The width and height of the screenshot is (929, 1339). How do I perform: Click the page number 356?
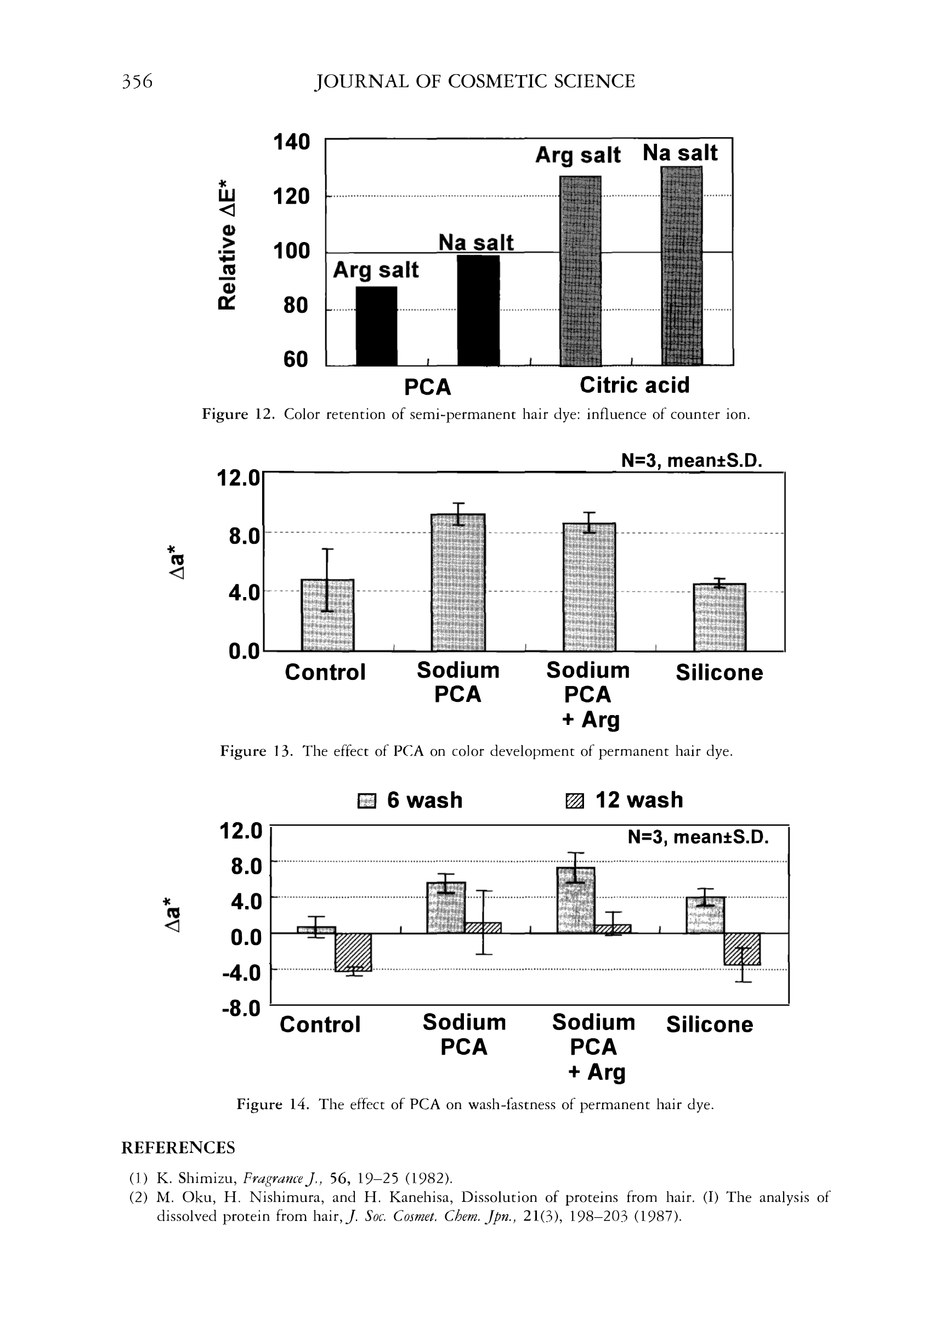[137, 81]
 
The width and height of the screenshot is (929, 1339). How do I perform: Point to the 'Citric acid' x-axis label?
[635, 385]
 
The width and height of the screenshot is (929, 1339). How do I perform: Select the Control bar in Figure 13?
[327, 615]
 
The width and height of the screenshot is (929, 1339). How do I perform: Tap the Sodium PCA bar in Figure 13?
[458, 582]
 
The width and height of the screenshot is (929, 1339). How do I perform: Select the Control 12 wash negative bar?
[353, 952]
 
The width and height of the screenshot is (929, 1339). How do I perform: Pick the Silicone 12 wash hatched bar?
[742, 949]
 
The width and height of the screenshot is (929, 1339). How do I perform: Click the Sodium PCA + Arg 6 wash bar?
[576, 901]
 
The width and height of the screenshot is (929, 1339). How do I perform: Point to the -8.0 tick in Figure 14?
[241, 1008]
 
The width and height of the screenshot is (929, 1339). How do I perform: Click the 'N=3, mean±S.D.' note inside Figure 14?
[698, 837]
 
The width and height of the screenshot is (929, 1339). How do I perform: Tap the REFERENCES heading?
[178, 1148]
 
